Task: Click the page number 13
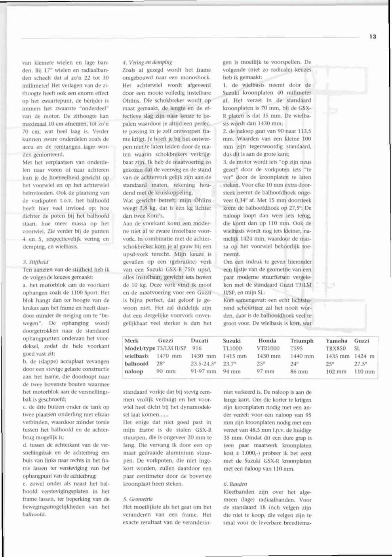[373, 36]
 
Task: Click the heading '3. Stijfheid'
[36, 262]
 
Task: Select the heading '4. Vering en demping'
[147, 62]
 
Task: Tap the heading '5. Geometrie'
[138, 499]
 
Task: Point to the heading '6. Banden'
[235, 484]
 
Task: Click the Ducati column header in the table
[199, 341]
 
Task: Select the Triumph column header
[302, 341]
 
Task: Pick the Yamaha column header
[337, 341]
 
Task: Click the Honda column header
[267, 341]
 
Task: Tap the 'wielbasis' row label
[137, 356]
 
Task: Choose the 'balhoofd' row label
[137, 364]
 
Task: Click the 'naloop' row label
[134, 371]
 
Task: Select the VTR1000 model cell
[268, 348]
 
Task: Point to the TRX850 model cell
[336, 348]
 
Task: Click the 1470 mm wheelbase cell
[169, 356]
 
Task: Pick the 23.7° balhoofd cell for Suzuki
[229, 364]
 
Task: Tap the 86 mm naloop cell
[299, 371]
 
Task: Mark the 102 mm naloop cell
[336, 371]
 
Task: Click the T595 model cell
[297, 348]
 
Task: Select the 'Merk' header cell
[131, 341]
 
